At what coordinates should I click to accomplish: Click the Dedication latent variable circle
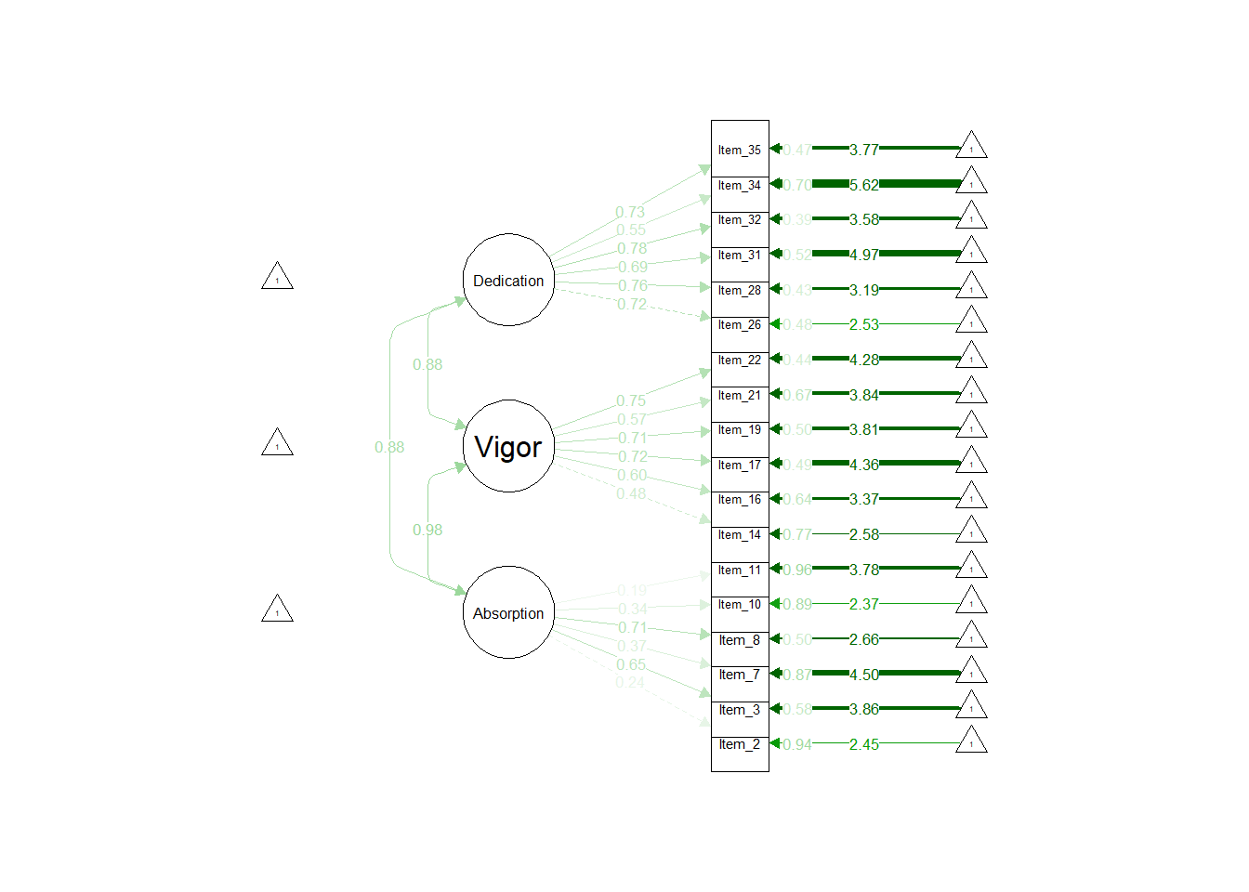(x=508, y=280)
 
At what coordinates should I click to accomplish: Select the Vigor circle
(x=508, y=446)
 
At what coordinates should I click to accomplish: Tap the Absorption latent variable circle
(x=508, y=612)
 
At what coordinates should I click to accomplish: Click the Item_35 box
(x=740, y=149)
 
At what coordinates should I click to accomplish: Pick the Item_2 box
(x=740, y=745)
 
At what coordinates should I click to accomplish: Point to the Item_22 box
(x=740, y=361)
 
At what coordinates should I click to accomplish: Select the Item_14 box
(x=740, y=535)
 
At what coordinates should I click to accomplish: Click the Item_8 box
(x=740, y=640)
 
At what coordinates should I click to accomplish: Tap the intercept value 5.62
(x=863, y=185)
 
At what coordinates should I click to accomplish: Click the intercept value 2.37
(x=863, y=604)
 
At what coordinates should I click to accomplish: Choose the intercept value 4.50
(x=863, y=675)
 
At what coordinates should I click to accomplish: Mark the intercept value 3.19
(x=863, y=290)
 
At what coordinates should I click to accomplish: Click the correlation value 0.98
(x=427, y=530)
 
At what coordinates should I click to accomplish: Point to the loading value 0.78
(x=632, y=248)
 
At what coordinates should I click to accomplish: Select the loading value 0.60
(x=632, y=475)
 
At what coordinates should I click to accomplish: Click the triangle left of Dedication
(x=277, y=277)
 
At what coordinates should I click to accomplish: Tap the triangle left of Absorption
(x=277, y=610)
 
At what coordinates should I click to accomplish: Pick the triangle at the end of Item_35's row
(x=971, y=146)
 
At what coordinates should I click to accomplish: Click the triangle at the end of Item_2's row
(x=971, y=741)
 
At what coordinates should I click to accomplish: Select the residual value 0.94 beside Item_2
(x=796, y=744)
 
